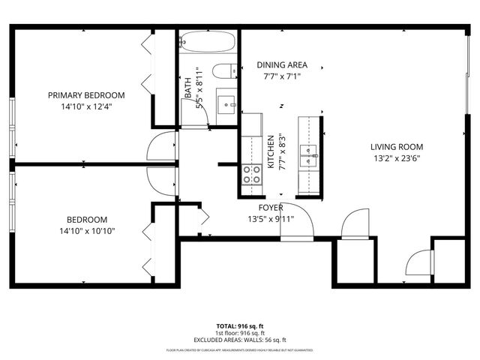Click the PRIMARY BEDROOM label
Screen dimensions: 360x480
86,95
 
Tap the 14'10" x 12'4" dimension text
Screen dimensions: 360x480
86,106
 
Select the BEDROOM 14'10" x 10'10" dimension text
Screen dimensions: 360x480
86,231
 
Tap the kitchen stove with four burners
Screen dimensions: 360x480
253,174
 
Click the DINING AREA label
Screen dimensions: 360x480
281,65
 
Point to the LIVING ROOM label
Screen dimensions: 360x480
397,147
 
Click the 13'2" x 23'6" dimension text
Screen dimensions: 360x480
397,158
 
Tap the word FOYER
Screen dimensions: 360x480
271,208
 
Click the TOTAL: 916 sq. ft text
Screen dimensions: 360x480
240,326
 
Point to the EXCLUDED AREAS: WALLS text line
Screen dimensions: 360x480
240,340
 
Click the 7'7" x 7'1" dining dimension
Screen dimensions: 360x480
281,76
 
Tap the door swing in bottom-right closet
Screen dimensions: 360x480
418,262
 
